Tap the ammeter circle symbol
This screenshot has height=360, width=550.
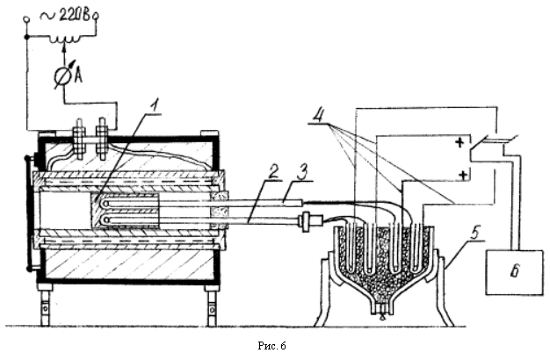pyautogui.click(x=63, y=76)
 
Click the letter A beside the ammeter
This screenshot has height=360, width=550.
pyautogui.click(x=78, y=76)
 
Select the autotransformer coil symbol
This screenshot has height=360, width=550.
pyautogui.click(x=64, y=39)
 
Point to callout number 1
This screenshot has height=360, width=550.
pyautogui.click(x=155, y=105)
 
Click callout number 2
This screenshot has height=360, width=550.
pyautogui.click(x=273, y=171)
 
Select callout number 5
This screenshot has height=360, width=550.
pyautogui.click(x=475, y=233)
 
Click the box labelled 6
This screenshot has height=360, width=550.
pyautogui.click(x=514, y=272)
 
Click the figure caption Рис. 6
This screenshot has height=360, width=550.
pyautogui.click(x=271, y=346)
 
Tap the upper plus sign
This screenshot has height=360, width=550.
pyautogui.click(x=460, y=142)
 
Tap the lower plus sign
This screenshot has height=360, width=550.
pyautogui.click(x=463, y=175)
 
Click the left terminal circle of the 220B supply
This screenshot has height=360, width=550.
pyautogui.click(x=25, y=18)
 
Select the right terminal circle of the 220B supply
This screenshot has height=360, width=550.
pyautogui.click(x=95, y=15)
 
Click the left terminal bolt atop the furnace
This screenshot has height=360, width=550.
pyautogui.click(x=80, y=139)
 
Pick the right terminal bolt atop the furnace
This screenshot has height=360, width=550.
pyautogui.click(x=102, y=139)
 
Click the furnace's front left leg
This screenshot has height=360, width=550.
pyautogui.click(x=45, y=305)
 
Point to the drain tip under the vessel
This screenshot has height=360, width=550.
pyautogui.click(x=382, y=316)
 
